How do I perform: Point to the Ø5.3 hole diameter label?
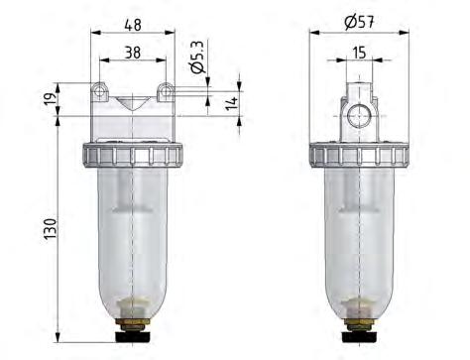click(198, 59)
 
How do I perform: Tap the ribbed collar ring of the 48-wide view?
click(133, 155)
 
